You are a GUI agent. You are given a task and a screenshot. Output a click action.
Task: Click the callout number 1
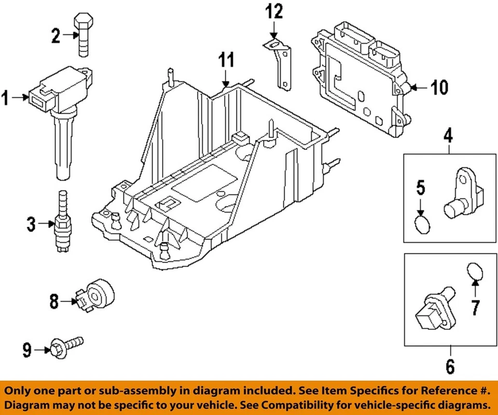(x=6, y=97)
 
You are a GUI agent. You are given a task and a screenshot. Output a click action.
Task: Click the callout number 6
(x=449, y=366)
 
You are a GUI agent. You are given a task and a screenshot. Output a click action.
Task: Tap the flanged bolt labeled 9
(x=65, y=347)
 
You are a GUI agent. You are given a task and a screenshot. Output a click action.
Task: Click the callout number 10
(x=439, y=88)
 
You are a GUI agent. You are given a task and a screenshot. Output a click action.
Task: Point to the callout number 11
(x=226, y=61)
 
